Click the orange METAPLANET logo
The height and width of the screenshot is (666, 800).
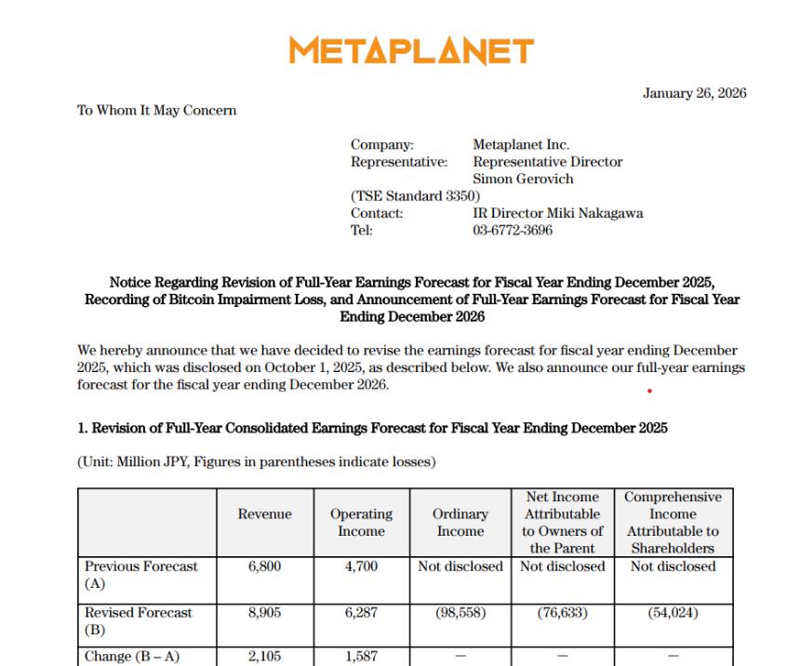411,50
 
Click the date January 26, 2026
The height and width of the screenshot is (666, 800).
694,93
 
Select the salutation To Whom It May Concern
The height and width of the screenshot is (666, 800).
156,111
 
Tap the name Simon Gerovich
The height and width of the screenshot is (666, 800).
523,179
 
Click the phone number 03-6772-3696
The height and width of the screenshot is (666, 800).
513,230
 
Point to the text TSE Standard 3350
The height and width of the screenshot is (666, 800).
415,196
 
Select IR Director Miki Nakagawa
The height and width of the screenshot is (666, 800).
557,213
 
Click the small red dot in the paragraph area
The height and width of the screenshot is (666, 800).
649,392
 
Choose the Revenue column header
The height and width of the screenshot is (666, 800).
264,514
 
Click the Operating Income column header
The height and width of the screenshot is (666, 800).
361,523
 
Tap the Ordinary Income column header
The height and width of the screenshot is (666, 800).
460,523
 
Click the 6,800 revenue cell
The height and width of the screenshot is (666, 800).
264,566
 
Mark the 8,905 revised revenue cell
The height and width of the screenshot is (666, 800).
264,613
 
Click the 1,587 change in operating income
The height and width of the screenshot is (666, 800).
361,657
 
